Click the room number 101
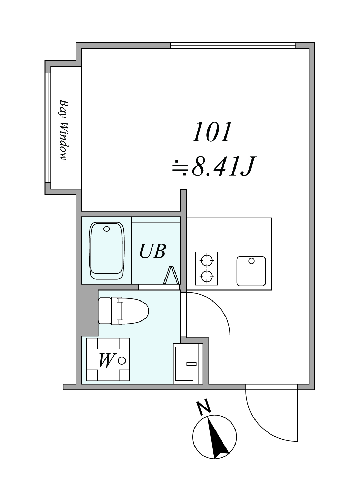point(211,132)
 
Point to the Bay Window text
point(64,130)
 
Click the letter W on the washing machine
point(107,361)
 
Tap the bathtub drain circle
point(107,229)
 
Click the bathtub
point(107,251)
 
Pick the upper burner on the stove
point(207,261)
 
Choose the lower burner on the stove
point(207,277)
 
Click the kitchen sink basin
point(251,271)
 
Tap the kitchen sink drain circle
point(252,261)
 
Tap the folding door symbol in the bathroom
point(172,275)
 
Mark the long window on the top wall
point(233,45)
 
